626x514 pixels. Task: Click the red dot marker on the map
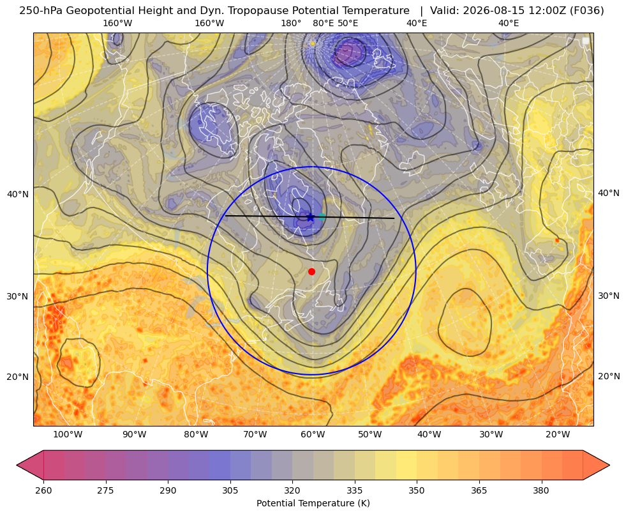(312, 271)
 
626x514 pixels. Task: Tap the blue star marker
(311, 217)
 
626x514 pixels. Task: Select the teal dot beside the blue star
(322, 217)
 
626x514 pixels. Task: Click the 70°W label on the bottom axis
(255, 434)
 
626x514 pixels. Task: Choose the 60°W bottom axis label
(313, 434)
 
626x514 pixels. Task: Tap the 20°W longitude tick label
(558, 434)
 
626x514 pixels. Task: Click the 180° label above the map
(291, 23)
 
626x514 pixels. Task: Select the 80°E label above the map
(324, 23)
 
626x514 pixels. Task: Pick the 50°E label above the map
(348, 23)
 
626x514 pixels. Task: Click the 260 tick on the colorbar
(43, 490)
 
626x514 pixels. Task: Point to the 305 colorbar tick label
(230, 490)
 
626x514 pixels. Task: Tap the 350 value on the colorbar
(417, 490)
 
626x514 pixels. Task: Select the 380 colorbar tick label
(541, 490)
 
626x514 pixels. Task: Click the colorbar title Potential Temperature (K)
(313, 503)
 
